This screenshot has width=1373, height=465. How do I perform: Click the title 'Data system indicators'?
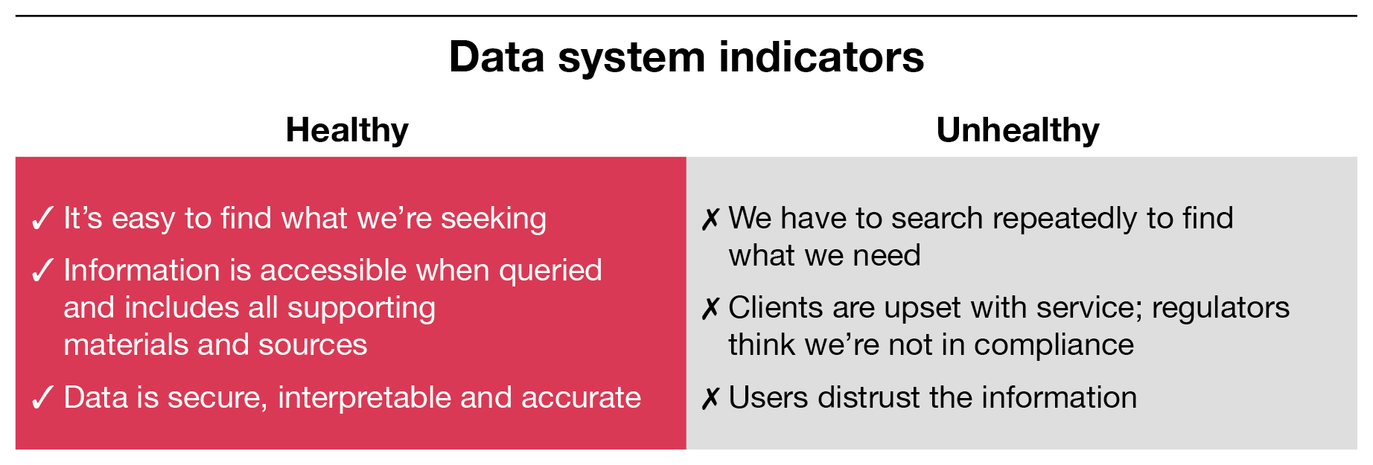point(686,57)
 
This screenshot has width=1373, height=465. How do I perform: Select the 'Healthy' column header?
point(347,131)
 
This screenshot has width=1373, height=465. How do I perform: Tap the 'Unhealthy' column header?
point(1018,131)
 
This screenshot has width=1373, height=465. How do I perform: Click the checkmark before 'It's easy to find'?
point(42,219)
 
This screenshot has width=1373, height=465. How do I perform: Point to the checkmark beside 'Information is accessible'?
point(42,271)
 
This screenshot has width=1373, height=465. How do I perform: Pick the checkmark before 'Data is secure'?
point(42,398)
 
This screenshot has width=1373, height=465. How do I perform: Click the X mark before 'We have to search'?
point(710,219)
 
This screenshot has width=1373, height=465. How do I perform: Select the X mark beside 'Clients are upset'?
point(710,309)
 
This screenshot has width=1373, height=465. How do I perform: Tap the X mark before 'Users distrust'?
point(710,399)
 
